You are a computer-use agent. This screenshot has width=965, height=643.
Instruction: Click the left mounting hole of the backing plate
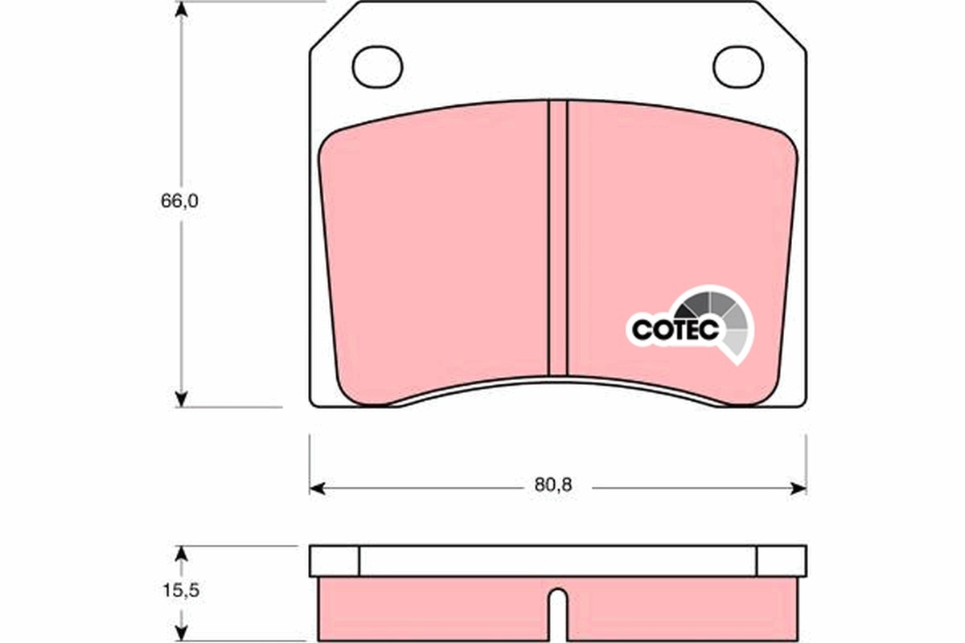coord(377,67)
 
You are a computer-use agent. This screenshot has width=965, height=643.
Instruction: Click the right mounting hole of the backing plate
coord(738,67)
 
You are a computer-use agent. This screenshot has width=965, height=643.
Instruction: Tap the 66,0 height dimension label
coord(179,202)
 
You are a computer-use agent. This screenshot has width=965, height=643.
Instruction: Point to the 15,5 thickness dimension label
coord(179,591)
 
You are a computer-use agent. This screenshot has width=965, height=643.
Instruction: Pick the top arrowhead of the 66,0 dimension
coord(182,10)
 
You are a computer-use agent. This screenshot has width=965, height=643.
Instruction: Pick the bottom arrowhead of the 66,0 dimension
coord(182,399)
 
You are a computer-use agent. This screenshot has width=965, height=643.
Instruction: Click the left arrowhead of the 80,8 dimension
coord(317,488)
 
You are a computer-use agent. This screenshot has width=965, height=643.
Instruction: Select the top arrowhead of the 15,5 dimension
coord(182,554)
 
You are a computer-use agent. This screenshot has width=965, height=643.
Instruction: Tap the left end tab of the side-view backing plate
coord(335,561)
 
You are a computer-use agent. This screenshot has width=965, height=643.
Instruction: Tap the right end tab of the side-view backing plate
coord(781,561)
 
